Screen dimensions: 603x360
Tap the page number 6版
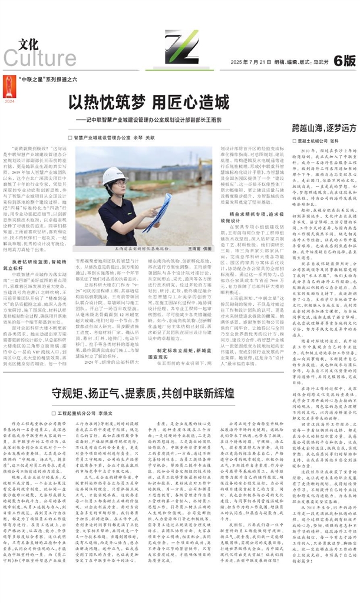pyautogui.click(x=344, y=60)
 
